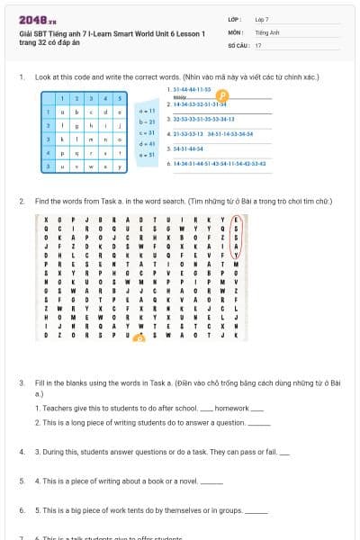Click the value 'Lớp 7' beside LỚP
(262, 18)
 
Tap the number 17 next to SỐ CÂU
(258, 44)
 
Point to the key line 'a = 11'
(148, 110)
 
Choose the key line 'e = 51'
(148, 154)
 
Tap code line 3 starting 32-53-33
(202, 119)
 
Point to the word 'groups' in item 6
(228, 510)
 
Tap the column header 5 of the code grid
(121, 97)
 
